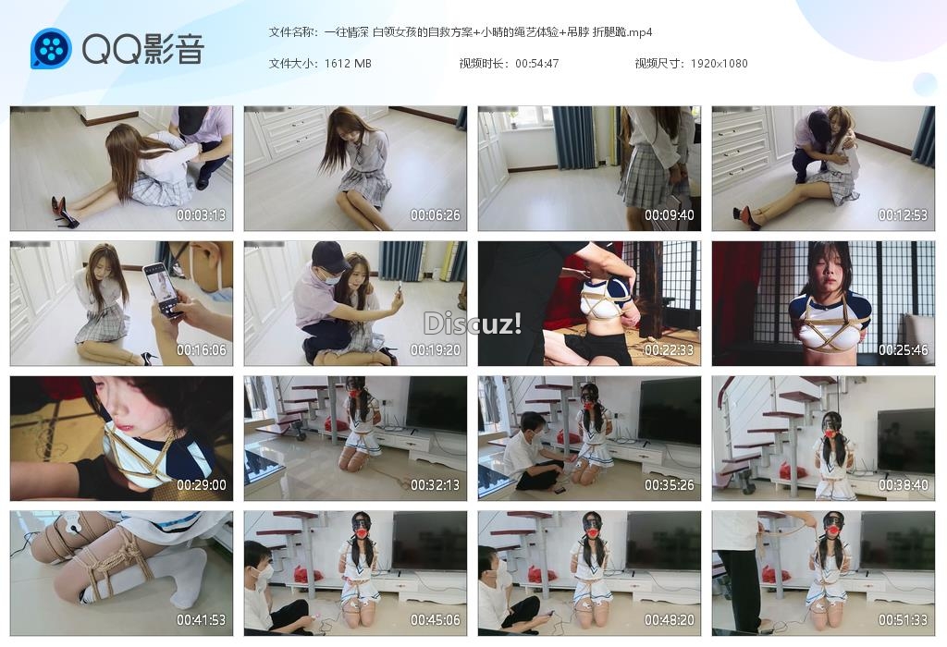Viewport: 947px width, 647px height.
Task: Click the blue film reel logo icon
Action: (51, 48)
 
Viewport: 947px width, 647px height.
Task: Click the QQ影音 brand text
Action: (143, 48)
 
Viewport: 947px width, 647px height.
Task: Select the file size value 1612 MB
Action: (348, 64)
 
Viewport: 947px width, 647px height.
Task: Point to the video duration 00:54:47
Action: (537, 64)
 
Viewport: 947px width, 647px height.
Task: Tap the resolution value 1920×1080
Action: (719, 64)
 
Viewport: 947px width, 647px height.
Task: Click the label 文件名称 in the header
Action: (290, 32)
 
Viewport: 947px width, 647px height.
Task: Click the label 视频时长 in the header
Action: (481, 64)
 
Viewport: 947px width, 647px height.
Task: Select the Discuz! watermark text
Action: (473, 323)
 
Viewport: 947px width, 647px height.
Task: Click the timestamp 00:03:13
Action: (201, 214)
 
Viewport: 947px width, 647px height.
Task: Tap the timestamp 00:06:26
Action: (436, 214)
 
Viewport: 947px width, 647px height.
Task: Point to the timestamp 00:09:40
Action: (670, 214)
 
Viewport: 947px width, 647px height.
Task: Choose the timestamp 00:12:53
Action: (903, 214)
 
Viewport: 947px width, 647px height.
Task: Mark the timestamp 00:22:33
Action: (670, 350)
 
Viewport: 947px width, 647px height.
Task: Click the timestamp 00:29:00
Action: (201, 485)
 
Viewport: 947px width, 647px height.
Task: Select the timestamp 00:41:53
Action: (201, 620)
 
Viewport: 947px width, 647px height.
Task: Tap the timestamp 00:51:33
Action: (903, 620)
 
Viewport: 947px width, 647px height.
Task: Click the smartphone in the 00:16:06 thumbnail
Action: (163, 289)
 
